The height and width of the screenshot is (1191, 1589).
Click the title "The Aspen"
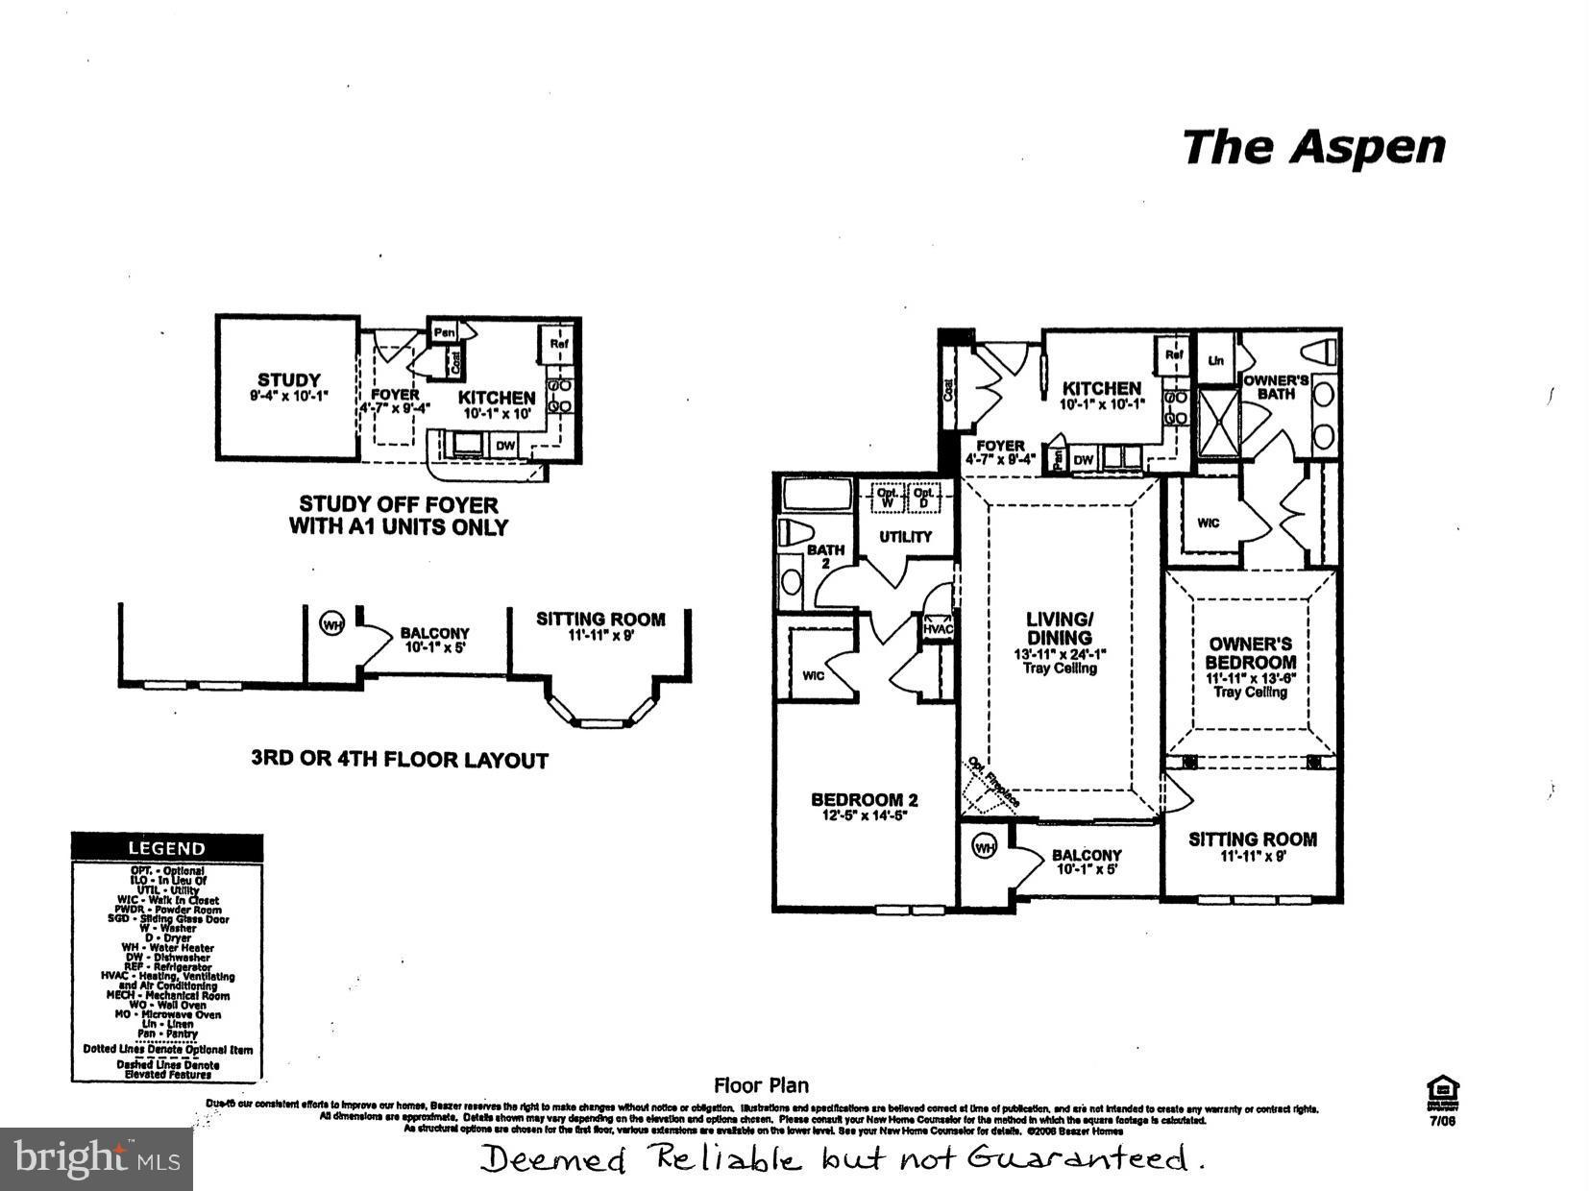(x=1312, y=148)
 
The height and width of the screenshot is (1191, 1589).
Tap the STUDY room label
(x=288, y=380)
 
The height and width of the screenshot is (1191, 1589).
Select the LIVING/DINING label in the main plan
(x=1060, y=628)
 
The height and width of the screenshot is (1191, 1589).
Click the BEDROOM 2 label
(x=864, y=799)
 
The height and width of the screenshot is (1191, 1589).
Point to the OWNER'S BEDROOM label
(x=1250, y=653)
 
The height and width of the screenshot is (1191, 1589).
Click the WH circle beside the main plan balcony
(x=985, y=846)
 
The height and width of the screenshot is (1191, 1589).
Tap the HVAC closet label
(x=937, y=629)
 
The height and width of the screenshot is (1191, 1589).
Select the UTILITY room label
(x=905, y=537)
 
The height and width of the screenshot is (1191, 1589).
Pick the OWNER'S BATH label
(x=1276, y=386)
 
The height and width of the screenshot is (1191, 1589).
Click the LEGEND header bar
(x=167, y=848)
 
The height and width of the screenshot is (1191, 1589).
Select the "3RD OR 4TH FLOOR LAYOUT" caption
(x=399, y=760)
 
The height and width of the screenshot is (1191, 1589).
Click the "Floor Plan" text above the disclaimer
(x=761, y=1085)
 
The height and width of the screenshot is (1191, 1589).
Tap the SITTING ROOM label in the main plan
(x=1252, y=839)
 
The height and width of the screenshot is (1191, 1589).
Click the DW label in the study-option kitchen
(x=505, y=446)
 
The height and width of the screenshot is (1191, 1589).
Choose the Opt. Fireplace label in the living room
(x=992, y=780)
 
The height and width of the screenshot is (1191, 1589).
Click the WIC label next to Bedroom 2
(x=814, y=675)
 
